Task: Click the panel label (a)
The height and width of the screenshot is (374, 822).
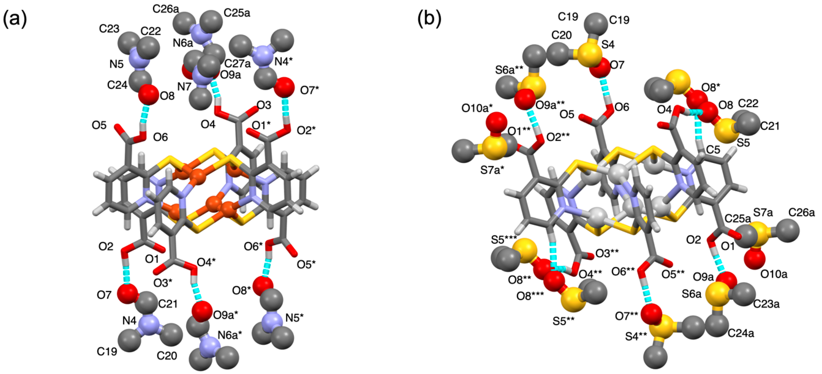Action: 14,19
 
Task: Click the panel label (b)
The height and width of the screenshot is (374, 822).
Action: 429,19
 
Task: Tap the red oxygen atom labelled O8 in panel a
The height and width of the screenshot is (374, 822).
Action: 148,95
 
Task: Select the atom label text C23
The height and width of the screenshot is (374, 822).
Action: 109,29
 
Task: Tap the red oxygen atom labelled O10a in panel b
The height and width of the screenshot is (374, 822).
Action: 755,259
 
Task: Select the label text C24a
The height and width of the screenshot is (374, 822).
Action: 741,334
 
